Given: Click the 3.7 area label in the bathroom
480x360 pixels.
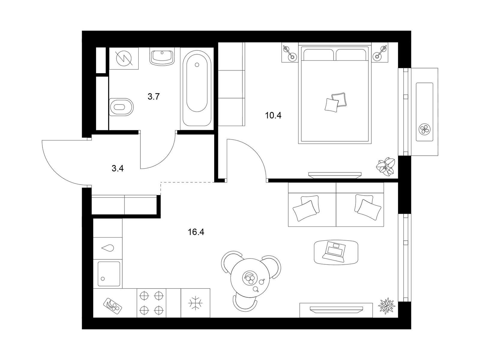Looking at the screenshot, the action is click(154, 96).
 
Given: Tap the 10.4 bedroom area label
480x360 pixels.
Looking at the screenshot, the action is click(273, 115).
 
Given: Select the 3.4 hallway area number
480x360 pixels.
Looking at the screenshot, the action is click(118, 169).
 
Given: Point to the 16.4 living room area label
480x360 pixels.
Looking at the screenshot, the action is click(196, 232).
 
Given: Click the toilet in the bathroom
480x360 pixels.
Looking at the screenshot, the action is click(121, 107).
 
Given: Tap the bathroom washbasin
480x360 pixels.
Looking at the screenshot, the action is click(162, 56).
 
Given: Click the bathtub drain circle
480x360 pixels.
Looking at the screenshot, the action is click(197, 65).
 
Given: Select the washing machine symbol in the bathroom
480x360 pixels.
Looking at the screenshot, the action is click(124, 58).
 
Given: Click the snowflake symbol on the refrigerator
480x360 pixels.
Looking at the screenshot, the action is click(196, 303).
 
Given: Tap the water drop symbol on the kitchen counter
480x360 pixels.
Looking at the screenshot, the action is click(108, 248).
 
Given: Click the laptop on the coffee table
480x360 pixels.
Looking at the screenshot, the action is click(334, 252).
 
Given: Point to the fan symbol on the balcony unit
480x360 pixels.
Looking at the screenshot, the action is click(424, 129).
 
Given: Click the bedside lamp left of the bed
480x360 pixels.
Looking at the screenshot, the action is click(289, 52).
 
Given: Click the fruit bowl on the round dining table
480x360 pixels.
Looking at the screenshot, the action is click(249, 278).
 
